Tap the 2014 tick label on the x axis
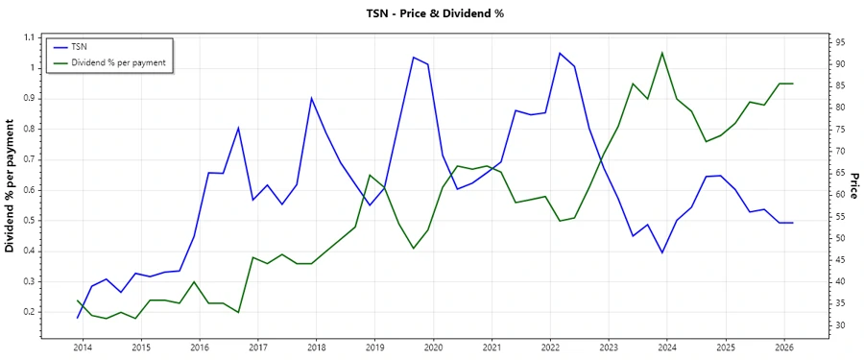tap(83, 346)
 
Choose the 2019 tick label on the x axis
tap(375, 346)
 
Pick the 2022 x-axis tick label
tap(551, 346)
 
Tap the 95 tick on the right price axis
tap(839, 42)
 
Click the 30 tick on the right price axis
tap(839, 325)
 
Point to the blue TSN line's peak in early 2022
tap(560, 53)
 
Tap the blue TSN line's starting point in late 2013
tap(78, 318)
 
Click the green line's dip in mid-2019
tap(414, 249)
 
